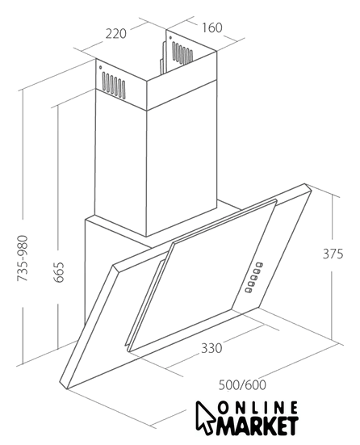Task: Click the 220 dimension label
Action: [116, 33]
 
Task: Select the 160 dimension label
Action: [211, 27]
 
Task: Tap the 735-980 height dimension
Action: [23, 258]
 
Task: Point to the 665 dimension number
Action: [59, 272]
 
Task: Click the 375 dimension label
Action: [333, 254]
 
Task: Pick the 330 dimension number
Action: [211, 348]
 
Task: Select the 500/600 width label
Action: [242, 385]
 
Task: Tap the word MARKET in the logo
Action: [257, 426]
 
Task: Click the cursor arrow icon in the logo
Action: [205, 418]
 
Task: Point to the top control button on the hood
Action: [260, 265]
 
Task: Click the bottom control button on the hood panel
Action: [249, 290]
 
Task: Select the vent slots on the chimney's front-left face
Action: [114, 85]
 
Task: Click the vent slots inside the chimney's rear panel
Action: [182, 52]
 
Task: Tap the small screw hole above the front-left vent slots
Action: [100, 68]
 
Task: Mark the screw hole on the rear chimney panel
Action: [170, 37]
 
